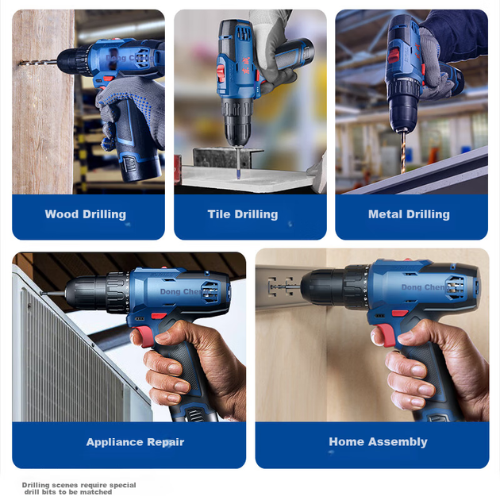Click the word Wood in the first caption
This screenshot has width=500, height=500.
(x=62, y=214)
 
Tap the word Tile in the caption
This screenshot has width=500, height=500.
(x=219, y=214)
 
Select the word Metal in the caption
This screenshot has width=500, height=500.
(x=385, y=214)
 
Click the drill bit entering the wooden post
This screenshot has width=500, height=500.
(x=39, y=63)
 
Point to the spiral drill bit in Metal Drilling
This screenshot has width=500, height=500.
(x=403, y=152)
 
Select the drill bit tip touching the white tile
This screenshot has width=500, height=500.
(x=239, y=176)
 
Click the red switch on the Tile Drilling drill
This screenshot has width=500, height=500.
(x=221, y=72)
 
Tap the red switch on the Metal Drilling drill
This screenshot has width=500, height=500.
(x=394, y=56)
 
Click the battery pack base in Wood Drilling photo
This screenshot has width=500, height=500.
(x=140, y=167)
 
